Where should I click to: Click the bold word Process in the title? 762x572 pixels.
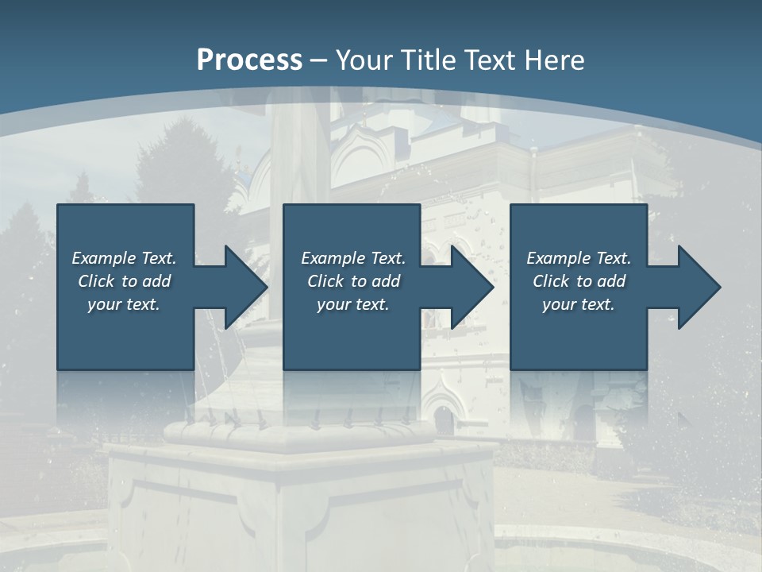tap(249, 60)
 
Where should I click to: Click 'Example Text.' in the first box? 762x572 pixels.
tap(124, 258)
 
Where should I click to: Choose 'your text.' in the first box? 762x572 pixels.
tap(124, 304)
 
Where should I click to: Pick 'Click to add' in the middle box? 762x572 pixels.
tap(353, 281)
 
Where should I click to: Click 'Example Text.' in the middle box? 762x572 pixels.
tap(353, 258)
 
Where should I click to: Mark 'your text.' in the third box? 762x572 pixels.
tap(579, 304)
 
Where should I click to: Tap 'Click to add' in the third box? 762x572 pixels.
tap(579, 281)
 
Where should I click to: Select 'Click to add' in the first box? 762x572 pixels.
tap(124, 281)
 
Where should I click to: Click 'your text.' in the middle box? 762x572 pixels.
tap(353, 304)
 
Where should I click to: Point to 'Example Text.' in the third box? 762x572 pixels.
tap(579, 258)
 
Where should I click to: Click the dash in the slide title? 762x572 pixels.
tap(319, 60)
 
